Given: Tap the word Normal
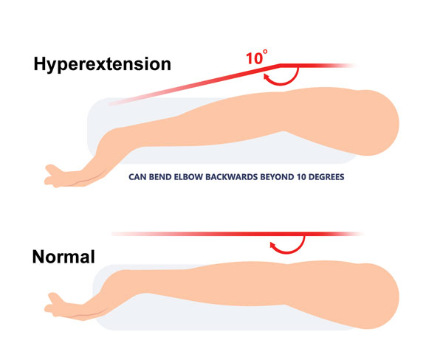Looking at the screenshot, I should [63, 257].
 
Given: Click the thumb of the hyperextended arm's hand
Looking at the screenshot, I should [54, 170].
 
